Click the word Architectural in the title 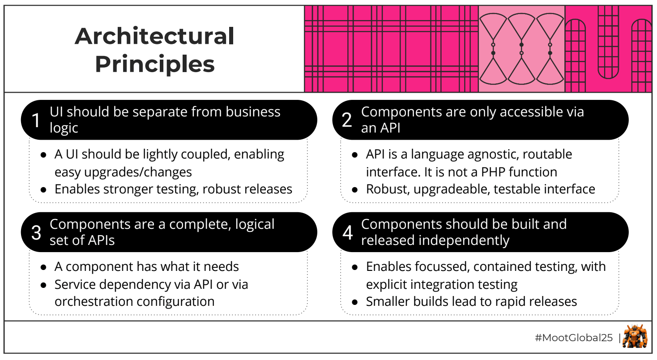(154, 36)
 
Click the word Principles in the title (154, 64)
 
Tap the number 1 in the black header (36, 120)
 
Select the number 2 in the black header (347, 120)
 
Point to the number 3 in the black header (36, 232)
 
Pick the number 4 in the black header (348, 232)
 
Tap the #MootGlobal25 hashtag (573, 338)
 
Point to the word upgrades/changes (123, 172)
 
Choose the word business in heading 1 (252, 111)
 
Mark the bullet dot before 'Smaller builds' (354, 302)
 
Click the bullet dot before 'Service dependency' (43, 285)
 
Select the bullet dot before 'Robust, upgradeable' (354, 189)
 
